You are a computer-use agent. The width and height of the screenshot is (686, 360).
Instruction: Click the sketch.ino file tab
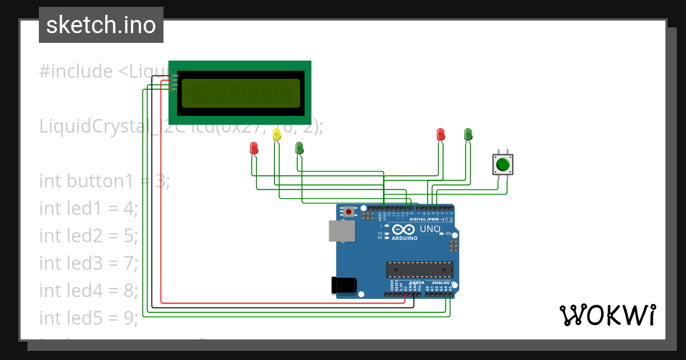tap(101, 25)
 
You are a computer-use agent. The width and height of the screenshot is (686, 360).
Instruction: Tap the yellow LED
tap(277, 134)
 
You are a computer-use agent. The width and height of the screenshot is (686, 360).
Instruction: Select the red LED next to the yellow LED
tap(254, 148)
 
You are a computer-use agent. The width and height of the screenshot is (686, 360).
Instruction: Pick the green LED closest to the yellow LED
tap(299, 148)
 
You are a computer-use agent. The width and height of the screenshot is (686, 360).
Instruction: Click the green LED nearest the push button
tap(468, 134)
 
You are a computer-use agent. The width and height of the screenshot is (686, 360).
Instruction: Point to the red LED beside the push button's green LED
tap(440, 134)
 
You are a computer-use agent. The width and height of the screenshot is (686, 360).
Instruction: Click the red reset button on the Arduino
tap(349, 211)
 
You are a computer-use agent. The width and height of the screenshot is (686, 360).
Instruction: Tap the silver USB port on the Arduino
tap(342, 231)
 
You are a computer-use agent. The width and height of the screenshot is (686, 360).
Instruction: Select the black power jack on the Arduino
tap(344, 285)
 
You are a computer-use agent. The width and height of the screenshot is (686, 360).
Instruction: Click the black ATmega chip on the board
tap(420, 270)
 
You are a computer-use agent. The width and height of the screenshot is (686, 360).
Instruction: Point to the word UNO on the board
tap(430, 229)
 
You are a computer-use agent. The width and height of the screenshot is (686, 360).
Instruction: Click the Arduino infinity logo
tap(404, 229)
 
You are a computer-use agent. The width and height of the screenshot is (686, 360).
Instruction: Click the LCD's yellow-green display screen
tap(240, 93)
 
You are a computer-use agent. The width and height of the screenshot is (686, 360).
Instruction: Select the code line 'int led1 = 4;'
tap(89, 209)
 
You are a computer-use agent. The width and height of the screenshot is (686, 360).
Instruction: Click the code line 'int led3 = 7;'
tap(89, 263)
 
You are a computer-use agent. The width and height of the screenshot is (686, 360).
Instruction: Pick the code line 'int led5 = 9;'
tap(89, 318)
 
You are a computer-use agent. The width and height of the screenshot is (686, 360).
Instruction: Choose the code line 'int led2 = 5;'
tap(89, 236)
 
